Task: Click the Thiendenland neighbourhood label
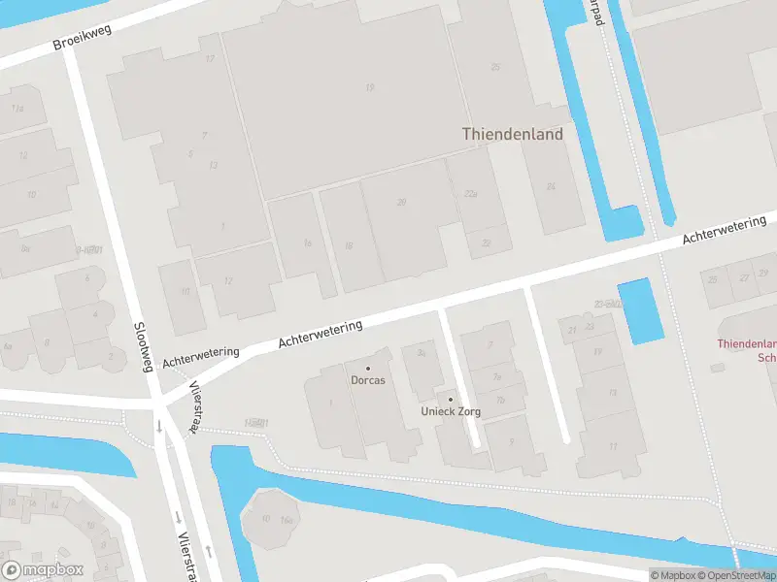(x=512, y=135)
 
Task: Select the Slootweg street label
(x=144, y=346)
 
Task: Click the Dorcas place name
(x=368, y=380)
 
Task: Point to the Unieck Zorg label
(x=450, y=411)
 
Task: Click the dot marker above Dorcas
(x=368, y=369)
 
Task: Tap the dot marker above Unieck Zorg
(x=450, y=399)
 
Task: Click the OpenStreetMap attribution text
(x=734, y=575)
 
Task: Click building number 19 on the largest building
(x=369, y=87)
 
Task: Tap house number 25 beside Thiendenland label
(x=495, y=67)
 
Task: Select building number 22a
(x=471, y=194)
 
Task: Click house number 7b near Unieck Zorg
(x=500, y=400)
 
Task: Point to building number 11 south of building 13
(x=613, y=445)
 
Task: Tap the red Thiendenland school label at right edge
(x=747, y=350)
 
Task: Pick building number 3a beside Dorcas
(x=422, y=354)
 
